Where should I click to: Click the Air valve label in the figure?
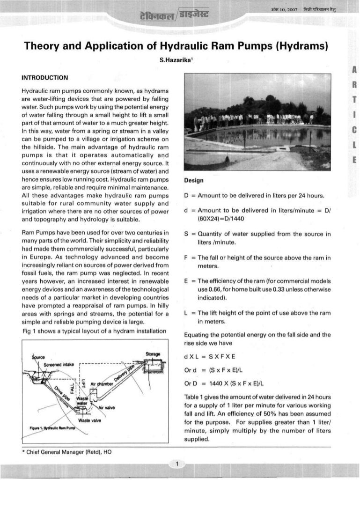point(107,408)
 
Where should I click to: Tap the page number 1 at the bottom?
point(178,464)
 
